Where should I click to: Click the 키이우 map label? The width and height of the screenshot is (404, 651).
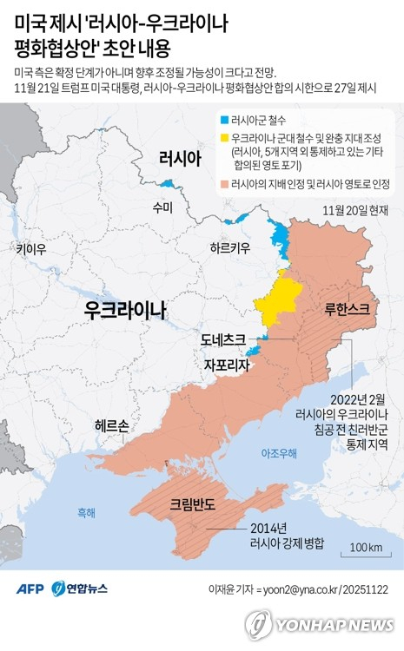click(30, 249)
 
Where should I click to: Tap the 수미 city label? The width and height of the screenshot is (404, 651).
click(162, 207)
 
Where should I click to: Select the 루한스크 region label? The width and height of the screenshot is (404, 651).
click(345, 308)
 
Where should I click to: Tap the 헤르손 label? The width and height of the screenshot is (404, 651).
click(112, 425)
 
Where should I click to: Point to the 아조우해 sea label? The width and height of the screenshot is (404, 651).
click(279, 454)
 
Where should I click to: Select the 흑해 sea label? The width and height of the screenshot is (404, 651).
click(86, 513)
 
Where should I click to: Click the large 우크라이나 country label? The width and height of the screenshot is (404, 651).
click(125, 310)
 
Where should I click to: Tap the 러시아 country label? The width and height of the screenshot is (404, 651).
click(180, 157)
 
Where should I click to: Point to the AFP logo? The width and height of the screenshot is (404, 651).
click(30, 589)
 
